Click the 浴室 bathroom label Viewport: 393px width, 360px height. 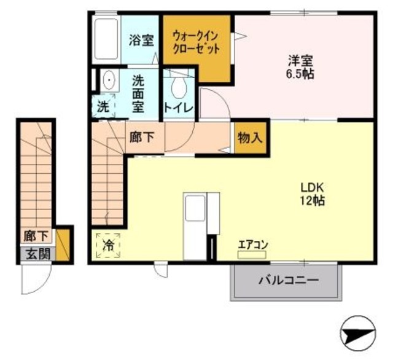point(141,41)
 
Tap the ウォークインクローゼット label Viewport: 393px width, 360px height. point(196,42)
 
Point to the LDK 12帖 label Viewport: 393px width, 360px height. point(312,194)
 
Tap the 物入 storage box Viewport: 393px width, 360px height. point(250,138)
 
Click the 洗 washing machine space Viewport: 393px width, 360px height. point(104,106)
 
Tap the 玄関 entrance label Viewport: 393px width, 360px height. point(37,252)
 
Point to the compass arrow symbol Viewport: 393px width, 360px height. point(359,334)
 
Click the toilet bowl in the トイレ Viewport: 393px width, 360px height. point(179,88)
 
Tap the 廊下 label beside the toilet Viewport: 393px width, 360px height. point(142,137)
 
